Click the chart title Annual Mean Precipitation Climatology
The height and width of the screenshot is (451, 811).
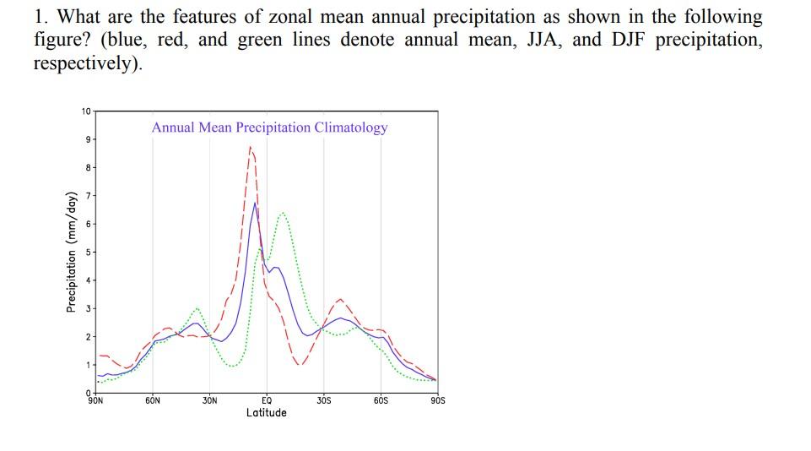coord(269,128)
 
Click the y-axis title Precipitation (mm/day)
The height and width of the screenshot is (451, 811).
coord(71,253)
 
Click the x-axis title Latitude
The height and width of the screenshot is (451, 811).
coord(267,413)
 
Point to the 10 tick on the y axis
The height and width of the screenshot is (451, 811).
coord(85,111)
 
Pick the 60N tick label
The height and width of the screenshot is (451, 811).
coord(153,400)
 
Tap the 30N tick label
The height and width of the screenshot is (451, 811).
coord(210,400)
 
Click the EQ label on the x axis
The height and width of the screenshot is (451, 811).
coord(267,400)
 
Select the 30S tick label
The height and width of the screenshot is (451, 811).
coord(324,400)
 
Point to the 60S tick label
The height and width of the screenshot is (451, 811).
coord(381,400)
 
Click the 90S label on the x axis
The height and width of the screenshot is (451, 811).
coord(438,400)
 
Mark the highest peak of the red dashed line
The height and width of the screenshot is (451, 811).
coord(250,147)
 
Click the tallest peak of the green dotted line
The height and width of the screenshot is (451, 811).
coord(283,212)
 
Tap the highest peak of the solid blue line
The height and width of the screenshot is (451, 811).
coord(255,203)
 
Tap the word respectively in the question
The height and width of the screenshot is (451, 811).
coord(84,64)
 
